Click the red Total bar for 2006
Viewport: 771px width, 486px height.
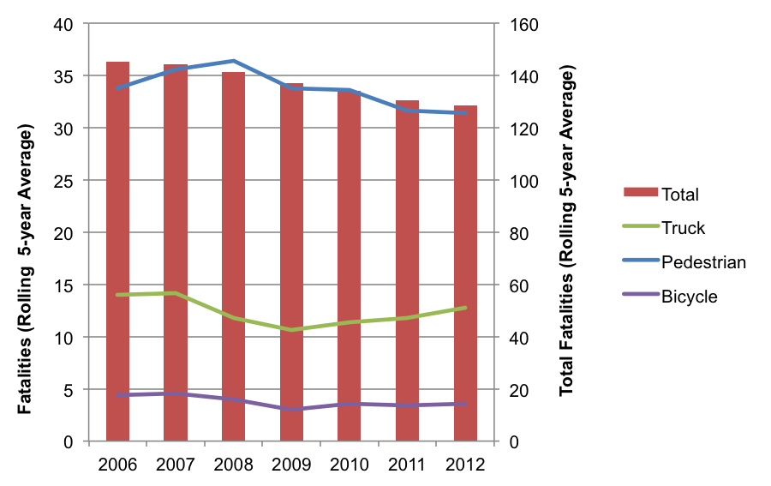[x=117, y=257]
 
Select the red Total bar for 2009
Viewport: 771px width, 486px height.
[x=291, y=257]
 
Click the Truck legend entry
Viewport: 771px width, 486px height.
[x=683, y=228]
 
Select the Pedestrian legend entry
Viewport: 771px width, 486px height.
[x=703, y=262]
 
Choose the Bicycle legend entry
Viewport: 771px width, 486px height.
[x=689, y=297]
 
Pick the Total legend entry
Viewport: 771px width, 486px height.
[x=680, y=194]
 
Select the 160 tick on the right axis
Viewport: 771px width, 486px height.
[x=519, y=24]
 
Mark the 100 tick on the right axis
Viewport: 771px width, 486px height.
[x=519, y=181]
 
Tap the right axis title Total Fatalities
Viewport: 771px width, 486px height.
[x=567, y=233]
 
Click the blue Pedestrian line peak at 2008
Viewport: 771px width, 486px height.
[x=234, y=61]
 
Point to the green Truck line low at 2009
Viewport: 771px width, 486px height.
[x=291, y=330]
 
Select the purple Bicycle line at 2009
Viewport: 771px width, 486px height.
[x=291, y=409]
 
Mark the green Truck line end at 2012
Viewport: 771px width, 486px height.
[x=465, y=308]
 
